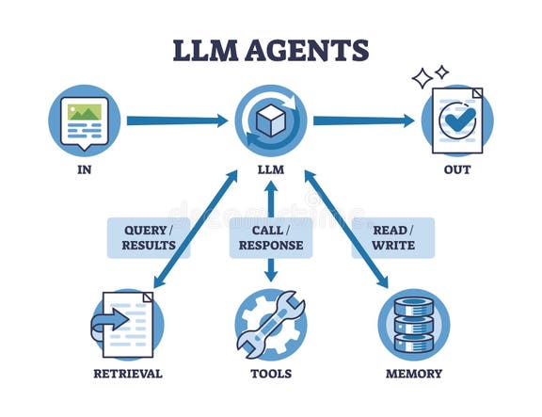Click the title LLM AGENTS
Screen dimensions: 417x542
point(270,49)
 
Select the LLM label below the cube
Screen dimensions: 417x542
point(270,171)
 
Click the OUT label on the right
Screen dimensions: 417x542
point(457,170)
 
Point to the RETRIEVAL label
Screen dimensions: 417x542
point(128,374)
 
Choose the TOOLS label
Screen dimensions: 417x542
point(271,374)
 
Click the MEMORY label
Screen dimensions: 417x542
point(413,374)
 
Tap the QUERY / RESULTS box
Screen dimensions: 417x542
point(149,238)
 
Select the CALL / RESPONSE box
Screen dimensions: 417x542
point(270,238)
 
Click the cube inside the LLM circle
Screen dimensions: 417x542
point(270,120)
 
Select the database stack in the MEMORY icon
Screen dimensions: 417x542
point(414,325)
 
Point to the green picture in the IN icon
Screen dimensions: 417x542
point(85,112)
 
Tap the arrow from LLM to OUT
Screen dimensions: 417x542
point(363,120)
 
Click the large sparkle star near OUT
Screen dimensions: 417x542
point(422,78)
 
